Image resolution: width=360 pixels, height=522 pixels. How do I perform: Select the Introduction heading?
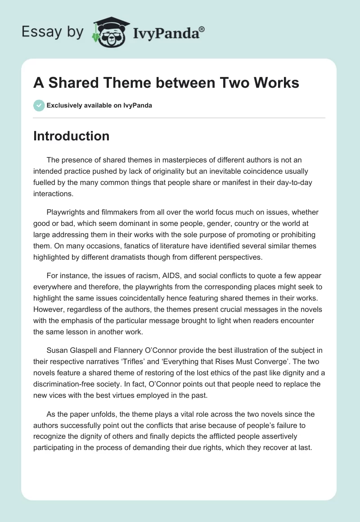71,136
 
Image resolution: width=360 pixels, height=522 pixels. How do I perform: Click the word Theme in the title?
121,84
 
